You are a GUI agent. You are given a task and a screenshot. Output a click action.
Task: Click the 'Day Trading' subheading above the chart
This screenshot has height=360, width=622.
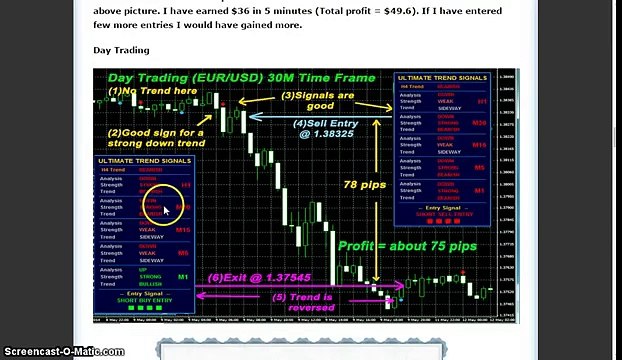(x=121, y=49)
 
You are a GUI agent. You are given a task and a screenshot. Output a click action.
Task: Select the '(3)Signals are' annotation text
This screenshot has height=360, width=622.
(x=317, y=95)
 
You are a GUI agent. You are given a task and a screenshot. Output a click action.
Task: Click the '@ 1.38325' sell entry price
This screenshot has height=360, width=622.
(x=325, y=133)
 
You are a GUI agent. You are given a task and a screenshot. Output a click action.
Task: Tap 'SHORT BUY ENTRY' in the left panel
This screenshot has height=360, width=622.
(x=145, y=299)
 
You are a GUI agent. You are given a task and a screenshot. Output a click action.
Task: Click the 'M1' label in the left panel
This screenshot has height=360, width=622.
(x=181, y=275)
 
